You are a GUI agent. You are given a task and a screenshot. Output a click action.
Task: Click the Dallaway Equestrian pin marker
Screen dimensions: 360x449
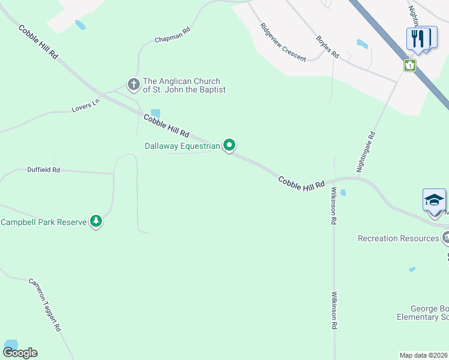229,145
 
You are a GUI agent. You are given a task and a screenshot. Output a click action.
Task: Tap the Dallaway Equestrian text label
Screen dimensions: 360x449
183,146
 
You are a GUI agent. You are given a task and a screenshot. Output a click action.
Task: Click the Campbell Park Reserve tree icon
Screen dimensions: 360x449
95,221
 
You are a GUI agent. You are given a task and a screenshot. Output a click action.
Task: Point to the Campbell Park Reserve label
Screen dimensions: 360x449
43,222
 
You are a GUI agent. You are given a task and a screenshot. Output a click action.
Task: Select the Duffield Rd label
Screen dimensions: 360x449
44,170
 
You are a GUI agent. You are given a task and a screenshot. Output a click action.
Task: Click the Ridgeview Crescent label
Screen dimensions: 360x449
283,43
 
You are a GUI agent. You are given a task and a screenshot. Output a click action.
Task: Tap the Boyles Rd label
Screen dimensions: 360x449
328,47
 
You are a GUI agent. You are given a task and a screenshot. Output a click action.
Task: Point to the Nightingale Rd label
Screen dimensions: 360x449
366,152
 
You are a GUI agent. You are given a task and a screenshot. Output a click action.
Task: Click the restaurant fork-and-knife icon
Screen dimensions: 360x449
418,38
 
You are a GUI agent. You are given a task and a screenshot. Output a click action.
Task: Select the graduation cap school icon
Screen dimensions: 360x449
434,200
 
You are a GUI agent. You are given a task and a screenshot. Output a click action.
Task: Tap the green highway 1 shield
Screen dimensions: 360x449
410,65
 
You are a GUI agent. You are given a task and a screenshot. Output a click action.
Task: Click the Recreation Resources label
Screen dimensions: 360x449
398,238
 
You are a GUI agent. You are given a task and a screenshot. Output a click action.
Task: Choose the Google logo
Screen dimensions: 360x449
20,353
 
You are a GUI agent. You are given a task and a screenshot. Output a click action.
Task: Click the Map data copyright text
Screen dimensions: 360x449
424,355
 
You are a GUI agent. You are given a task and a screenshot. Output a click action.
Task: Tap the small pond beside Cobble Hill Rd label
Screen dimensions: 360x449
155,113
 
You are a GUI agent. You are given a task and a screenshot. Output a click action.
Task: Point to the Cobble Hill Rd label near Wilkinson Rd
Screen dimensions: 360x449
301,182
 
